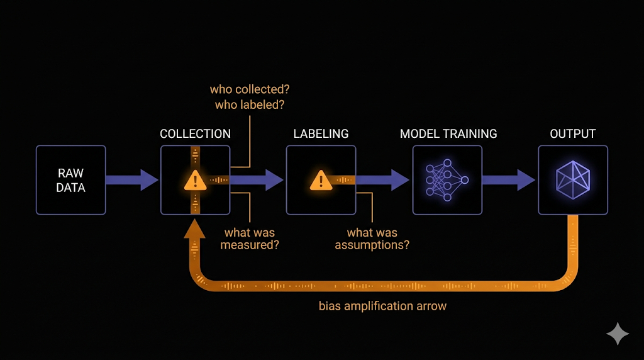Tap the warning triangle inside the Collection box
(x=196, y=180)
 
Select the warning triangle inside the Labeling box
(x=321, y=180)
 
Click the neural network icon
(x=447, y=180)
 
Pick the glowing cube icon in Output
(x=573, y=180)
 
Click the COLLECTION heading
(x=195, y=134)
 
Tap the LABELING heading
(x=321, y=134)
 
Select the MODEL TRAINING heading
(x=448, y=134)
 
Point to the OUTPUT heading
(x=573, y=134)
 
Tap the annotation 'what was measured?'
(x=250, y=239)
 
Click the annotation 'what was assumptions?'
(x=372, y=239)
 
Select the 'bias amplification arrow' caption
(x=382, y=307)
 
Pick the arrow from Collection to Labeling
(x=258, y=180)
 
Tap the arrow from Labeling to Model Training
(x=384, y=180)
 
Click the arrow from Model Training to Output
(x=509, y=180)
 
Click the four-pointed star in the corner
(x=618, y=334)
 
